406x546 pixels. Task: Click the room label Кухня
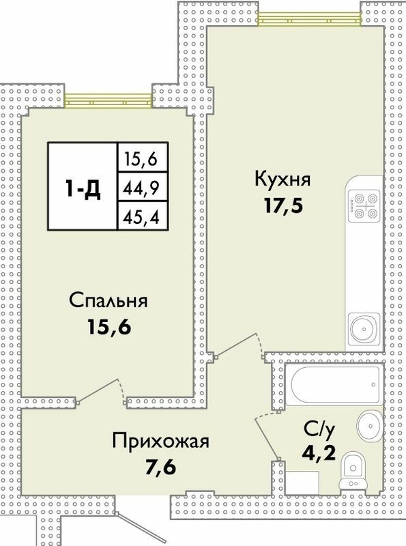pos(282,180)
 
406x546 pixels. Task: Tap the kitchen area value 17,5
pos(282,205)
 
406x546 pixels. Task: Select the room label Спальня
pos(108,300)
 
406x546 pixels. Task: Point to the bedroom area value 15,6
pos(108,326)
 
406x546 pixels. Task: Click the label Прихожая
pos(159,440)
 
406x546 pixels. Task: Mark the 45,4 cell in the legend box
pos(143,216)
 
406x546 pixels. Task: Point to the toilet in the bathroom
pos(354,470)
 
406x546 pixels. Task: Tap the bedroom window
pos(108,100)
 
